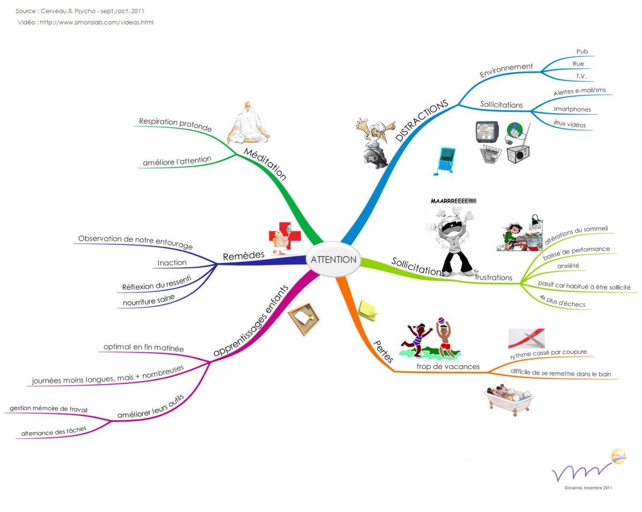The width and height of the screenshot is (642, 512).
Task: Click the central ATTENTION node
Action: coord(333,260)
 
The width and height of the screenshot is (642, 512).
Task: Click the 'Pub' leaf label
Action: coord(582,51)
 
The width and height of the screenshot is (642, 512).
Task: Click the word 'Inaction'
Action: coord(172,263)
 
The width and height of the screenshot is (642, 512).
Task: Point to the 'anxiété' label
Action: coord(568,266)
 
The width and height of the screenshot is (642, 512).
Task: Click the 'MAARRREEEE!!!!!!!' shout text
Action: coord(453,201)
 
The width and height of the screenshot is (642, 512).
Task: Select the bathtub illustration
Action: coord(509,399)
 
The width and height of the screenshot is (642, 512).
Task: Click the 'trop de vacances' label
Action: coord(448,367)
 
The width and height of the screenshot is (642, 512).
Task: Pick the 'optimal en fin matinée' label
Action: coord(143,348)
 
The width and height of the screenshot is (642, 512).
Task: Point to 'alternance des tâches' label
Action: coord(53,431)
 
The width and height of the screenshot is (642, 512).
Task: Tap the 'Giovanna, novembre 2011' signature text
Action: coord(588,487)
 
